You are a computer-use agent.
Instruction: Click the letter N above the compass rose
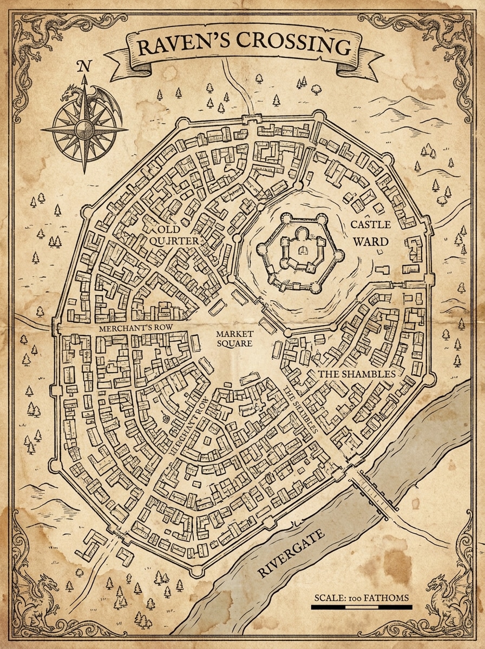(83, 67)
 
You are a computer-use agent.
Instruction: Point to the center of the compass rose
(84, 129)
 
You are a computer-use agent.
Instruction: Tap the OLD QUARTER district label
(174, 235)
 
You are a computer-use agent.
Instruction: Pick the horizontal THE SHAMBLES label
(352, 374)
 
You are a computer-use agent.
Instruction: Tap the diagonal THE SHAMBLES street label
(299, 408)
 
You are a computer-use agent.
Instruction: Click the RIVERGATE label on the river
(291, 554)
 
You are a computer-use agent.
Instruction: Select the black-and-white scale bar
(362, 607)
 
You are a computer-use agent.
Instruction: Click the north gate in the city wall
(250, 117)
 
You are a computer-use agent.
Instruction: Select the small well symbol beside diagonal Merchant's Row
(166, 418)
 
